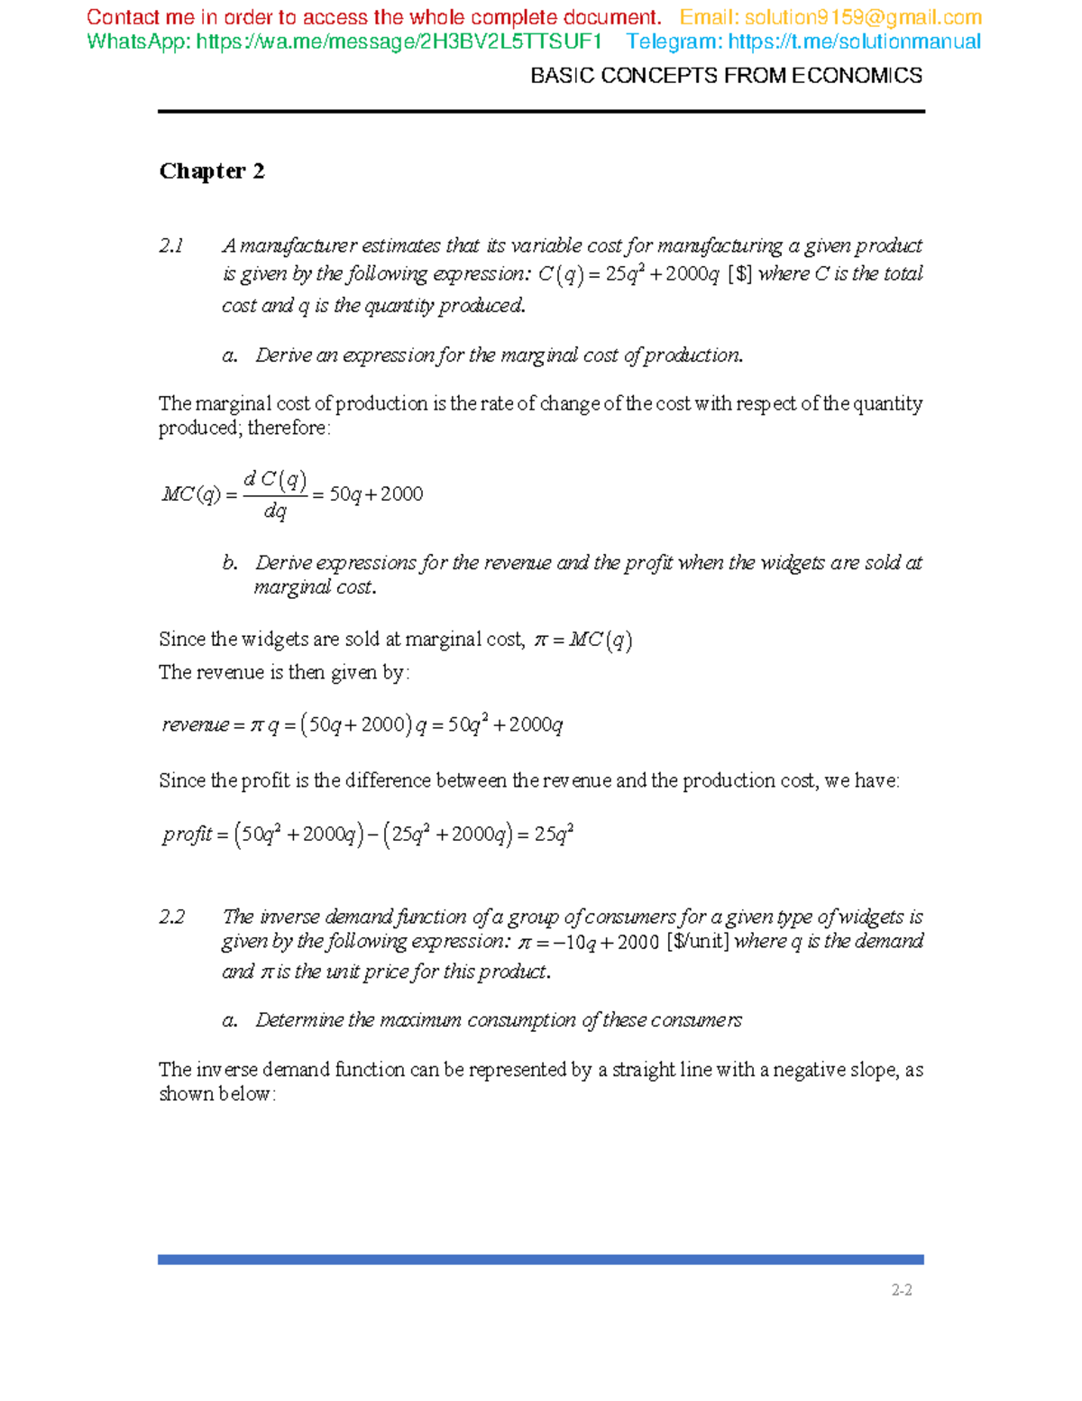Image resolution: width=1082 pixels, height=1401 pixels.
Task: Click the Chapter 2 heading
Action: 212,171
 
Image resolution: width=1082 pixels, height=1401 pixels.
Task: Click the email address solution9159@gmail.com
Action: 863,18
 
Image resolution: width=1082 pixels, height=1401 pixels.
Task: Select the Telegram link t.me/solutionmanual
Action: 854,41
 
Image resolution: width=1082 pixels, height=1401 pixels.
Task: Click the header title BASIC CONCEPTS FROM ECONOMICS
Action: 726,76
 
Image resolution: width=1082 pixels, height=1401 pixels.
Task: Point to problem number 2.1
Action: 171,245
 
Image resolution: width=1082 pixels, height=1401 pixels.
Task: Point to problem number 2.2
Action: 171,917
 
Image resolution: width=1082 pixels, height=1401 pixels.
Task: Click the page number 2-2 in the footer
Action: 902,1290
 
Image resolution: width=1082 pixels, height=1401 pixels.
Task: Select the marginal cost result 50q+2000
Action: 376,494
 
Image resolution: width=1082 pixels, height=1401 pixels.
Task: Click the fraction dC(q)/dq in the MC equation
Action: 275,494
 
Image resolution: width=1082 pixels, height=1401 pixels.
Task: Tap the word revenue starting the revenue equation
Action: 196,724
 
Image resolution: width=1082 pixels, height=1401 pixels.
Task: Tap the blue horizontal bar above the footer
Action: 541,1259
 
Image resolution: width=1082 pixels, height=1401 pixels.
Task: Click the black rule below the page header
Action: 541,112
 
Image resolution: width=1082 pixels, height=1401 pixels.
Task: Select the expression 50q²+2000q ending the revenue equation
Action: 505,724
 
